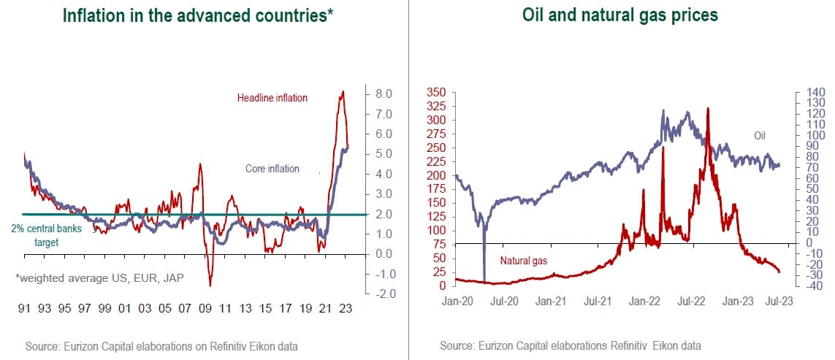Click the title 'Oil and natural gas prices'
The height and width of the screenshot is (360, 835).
pos(619,15)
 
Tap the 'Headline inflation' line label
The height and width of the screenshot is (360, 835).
pos(272,98)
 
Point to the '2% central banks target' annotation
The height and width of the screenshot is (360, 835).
pos(47,234)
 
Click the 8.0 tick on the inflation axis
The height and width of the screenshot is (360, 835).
pos(384,94)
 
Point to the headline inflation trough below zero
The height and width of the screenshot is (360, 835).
pos(210,285)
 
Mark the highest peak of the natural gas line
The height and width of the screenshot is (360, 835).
pos(708,108)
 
